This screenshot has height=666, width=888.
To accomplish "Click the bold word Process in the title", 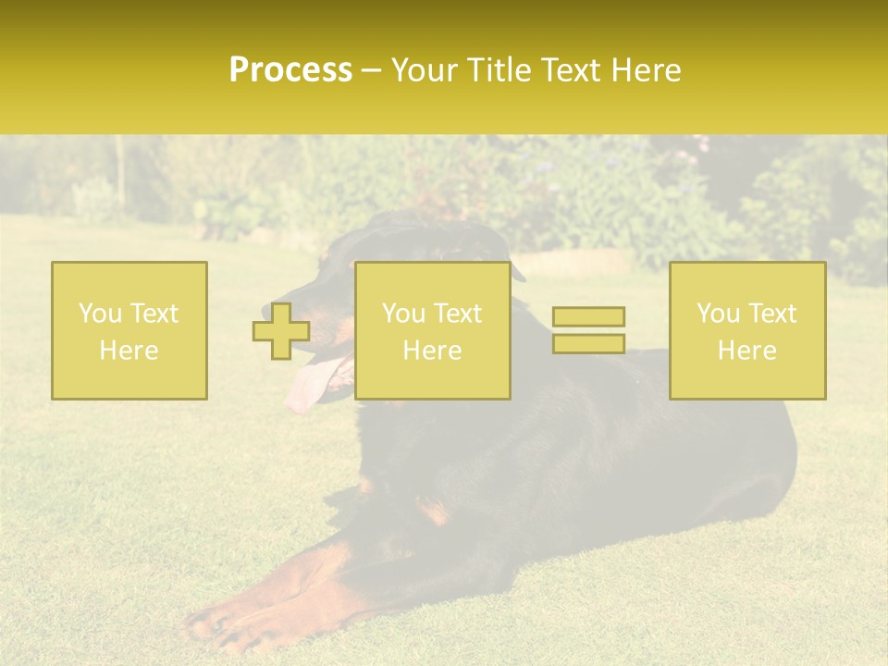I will pyautogui.click(x=290, y=70).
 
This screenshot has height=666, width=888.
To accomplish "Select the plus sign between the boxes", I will pyautogui.click(x=281, y=331).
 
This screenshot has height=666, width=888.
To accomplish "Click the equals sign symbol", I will pyautogui.click(x=588, y=330).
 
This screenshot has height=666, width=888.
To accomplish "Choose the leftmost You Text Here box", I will pyautogui.click(x=129, y=330).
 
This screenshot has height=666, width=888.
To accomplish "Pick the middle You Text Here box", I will pyautogui.click(x=432, y=330).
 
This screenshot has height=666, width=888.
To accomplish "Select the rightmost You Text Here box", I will pyautogui.click(x=747, y=330).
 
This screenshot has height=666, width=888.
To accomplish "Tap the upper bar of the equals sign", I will pyautogui.click(x=588, y=316).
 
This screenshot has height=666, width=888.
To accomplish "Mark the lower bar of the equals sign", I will pyautogui.click(x=588, y=343).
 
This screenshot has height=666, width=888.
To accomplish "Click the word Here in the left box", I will pyautogui.click(x=129, y=351).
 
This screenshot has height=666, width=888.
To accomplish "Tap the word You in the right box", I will pyautogui.click(x=719, y=314).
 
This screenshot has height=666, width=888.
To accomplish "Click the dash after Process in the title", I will pyautogui.click(x=372, y=71).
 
